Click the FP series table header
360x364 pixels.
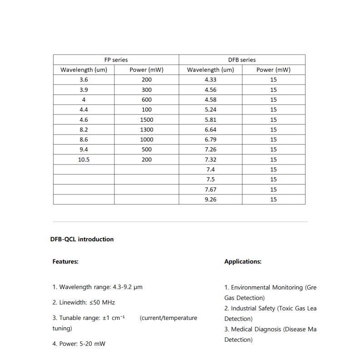tap(116, 60)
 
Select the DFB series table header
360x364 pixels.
tap(242, 60)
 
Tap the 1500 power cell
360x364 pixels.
tap(147, 120)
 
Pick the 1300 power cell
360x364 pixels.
tap(147, 130)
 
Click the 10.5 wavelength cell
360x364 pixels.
tap(84, 160)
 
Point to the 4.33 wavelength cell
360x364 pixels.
tap(211, 80)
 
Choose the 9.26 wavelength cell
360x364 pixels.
tap(211, 199)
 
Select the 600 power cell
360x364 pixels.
tap(147, 100)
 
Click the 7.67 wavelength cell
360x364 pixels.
tap(211, 189)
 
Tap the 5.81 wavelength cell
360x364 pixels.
tap(211, 120)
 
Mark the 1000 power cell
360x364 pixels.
tap(147, 140)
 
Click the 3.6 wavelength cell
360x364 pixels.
tap(84, 80)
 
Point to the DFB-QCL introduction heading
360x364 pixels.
tap(82, 239)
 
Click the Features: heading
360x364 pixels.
tap(65, 261)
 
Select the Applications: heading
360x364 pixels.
tap(243, 261)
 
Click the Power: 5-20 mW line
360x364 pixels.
tap(79, 344)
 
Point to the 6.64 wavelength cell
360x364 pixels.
tap(211, 130)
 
